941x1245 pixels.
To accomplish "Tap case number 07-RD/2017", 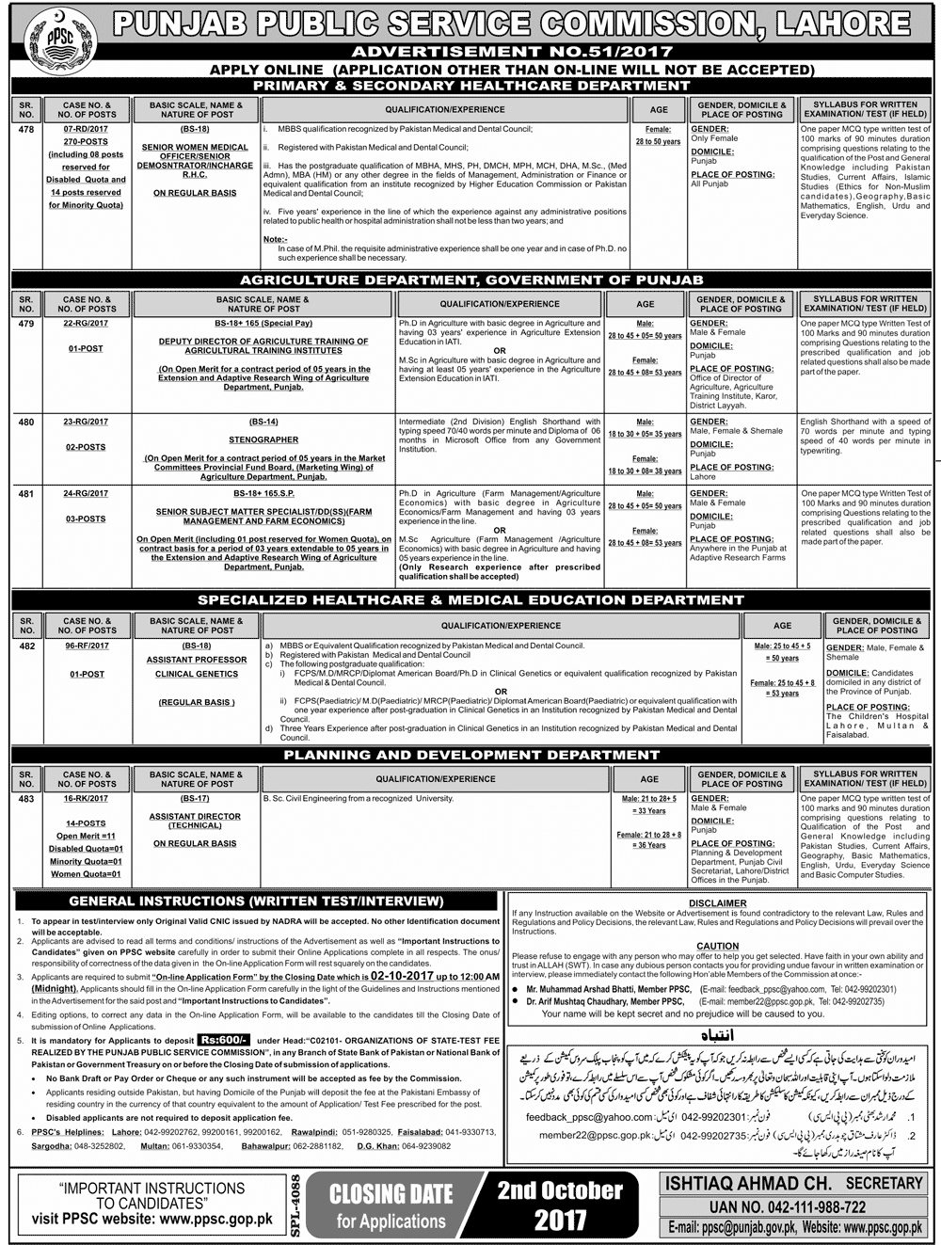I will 86,129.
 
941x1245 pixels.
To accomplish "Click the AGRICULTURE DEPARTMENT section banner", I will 471,279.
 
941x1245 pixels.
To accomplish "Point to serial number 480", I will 25,423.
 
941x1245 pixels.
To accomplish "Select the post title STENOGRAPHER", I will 263,439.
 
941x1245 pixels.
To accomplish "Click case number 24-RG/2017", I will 86,493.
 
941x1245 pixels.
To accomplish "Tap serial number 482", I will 25,646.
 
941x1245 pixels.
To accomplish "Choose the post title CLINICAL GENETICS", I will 197,674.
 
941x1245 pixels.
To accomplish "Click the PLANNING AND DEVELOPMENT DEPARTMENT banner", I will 471,755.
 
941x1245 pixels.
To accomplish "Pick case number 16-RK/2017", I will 86,798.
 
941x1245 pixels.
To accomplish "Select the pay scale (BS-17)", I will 197,798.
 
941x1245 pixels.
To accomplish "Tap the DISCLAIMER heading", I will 717,902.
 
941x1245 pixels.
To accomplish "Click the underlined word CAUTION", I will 717,946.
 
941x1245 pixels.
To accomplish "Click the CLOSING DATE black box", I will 391,1206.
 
